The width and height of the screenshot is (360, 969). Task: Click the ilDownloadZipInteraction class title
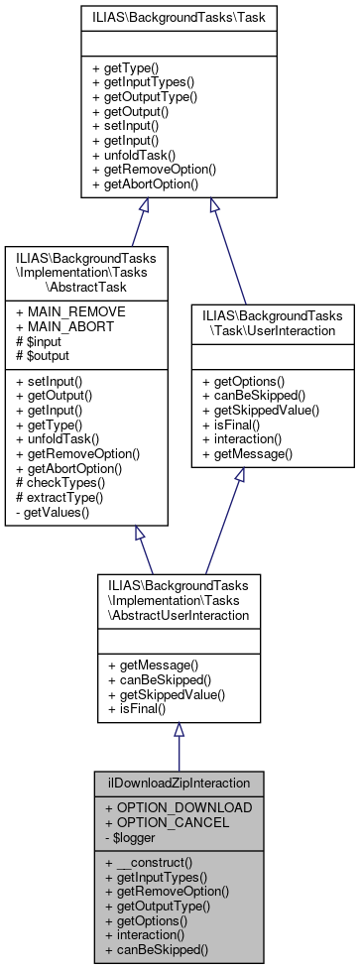[x=180, y=783]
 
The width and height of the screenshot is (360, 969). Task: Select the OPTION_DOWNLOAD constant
[x=179, y=807]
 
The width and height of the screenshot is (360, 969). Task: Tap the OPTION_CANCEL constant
[x=166, y=822]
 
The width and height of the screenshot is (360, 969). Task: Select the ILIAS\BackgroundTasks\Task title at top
[x=180, y=17]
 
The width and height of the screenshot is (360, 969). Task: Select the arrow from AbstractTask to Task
[x=123, y=223]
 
